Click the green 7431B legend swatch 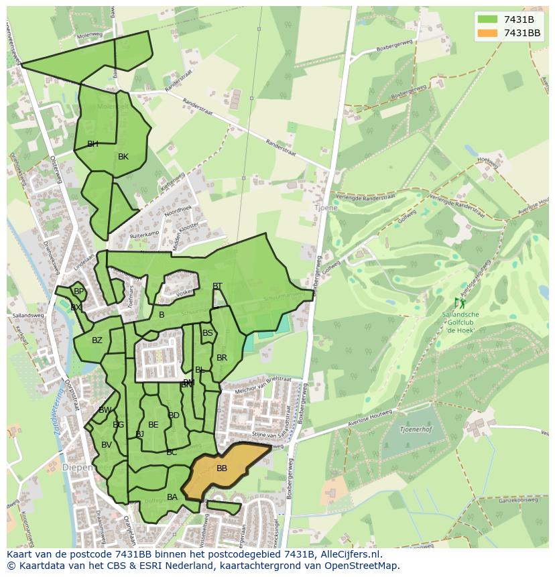click(487, 19)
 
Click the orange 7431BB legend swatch click(487, 33)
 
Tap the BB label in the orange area click(222, 468)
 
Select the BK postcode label click(123, 157)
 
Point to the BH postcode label click(92, 144)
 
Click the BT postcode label click(217, 286)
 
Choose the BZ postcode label click(97, 340)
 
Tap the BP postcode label click(79, 292)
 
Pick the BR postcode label click(222, 358)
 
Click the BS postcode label click(208, 333)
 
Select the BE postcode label click(153, 425)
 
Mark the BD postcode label click(174, 415)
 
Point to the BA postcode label click(172, 497)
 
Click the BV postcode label click(107, 445)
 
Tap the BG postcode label click(119, 425)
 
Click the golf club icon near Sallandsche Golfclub click(460, 303)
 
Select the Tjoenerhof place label click(414, 429)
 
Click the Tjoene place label click(326, 208)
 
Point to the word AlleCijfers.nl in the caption click(349, 554)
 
